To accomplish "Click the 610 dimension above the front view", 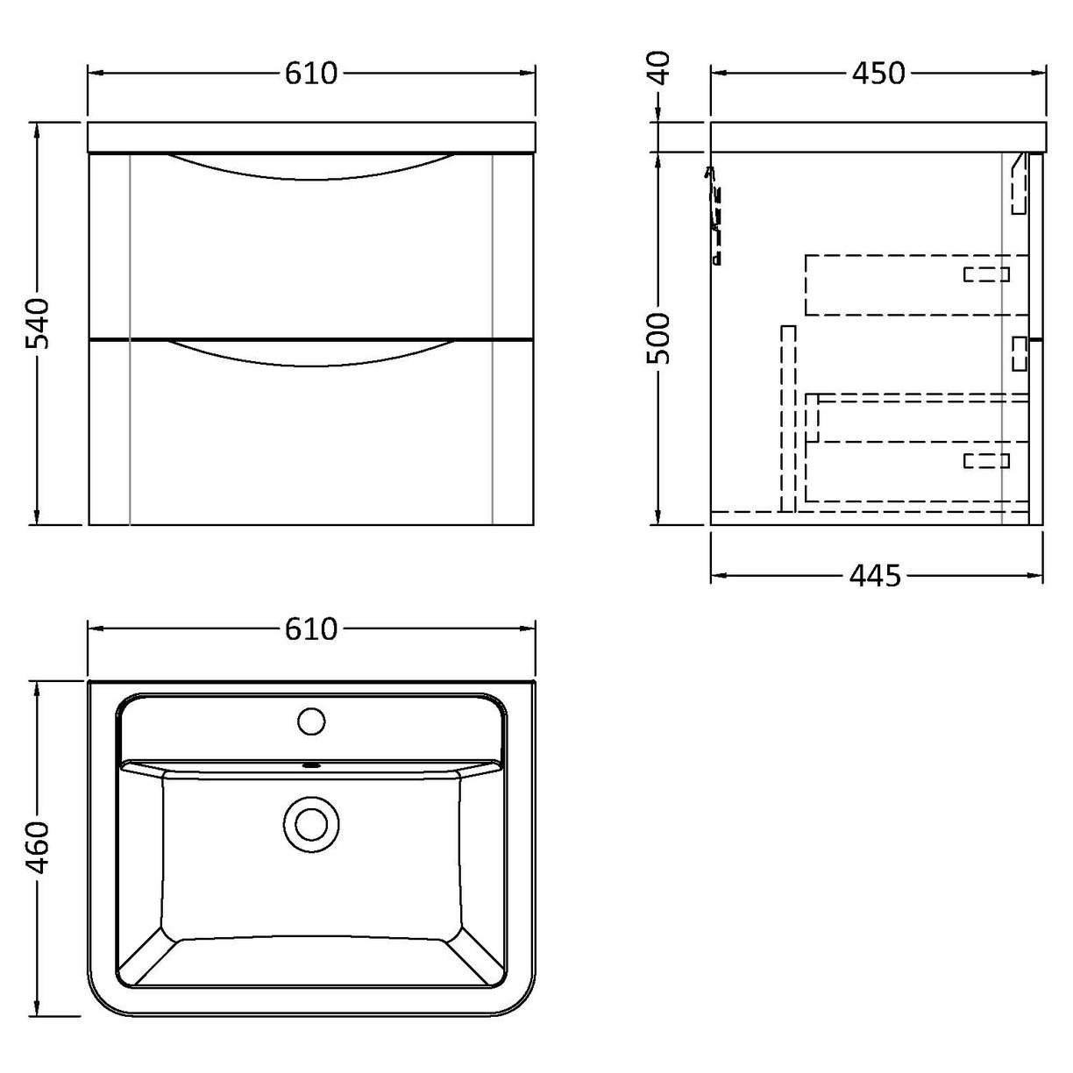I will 310,74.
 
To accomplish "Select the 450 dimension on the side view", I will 878,74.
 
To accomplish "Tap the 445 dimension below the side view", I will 875,576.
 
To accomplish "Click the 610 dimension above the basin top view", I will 310,629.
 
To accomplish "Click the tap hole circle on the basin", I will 311,721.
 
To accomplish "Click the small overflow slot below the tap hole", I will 311,764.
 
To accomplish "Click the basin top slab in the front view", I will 310,138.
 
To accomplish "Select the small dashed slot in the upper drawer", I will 986,274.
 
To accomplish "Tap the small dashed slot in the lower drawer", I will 986,460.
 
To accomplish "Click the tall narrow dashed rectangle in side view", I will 787,417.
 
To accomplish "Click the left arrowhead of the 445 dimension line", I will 715,576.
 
